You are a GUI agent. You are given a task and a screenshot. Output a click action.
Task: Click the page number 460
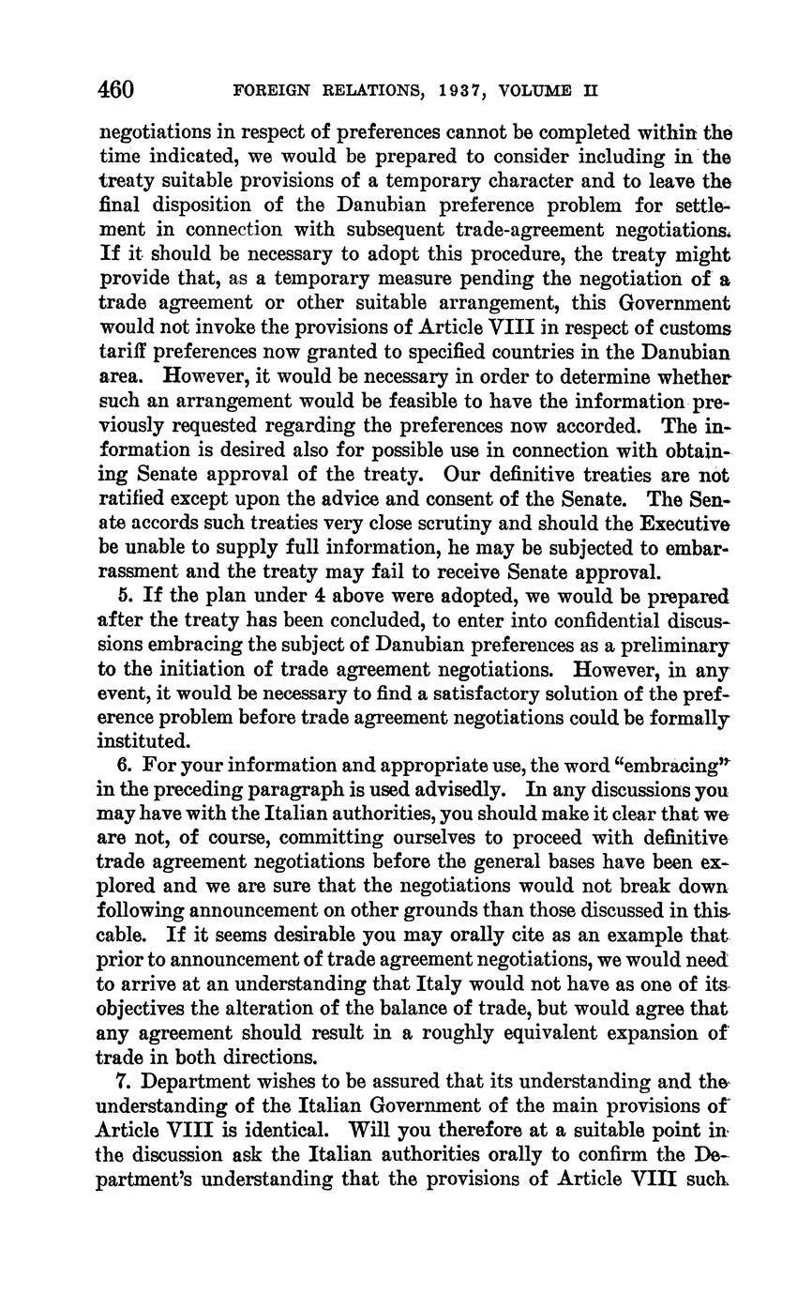coord(117,90)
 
